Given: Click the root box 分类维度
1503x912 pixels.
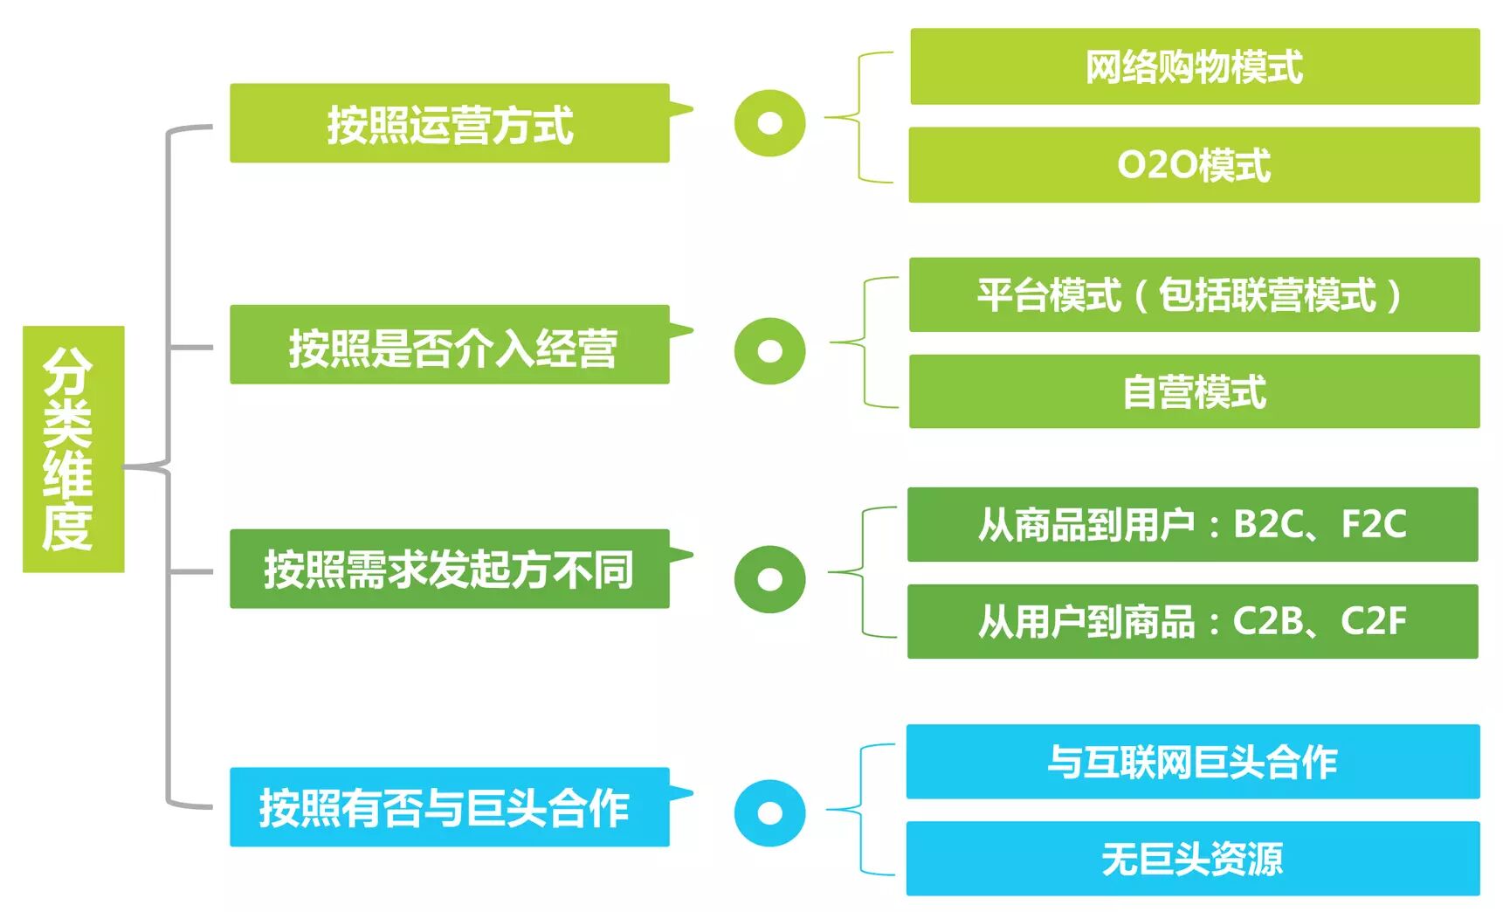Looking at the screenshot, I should click(73, 449).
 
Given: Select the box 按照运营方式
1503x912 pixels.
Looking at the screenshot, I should click(450, 123).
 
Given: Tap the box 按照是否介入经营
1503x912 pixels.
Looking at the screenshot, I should click(450, 345).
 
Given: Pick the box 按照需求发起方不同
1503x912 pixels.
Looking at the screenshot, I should click(450, 569).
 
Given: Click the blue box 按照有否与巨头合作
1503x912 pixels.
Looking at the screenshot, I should click(450, 806).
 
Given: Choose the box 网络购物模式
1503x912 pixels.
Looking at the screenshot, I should click(1194, 66).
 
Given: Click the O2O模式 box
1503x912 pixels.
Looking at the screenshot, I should click(1194, 165).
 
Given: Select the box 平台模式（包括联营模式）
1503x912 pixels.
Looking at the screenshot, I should click(1194, 294).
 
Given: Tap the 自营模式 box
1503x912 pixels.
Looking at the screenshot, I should click(1194, 391).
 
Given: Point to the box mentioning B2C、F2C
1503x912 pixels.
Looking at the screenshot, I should click(1192, 524).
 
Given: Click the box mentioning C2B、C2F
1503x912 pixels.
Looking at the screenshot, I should click(1192, 621).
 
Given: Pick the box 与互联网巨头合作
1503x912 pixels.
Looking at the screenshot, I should click(1192, 761).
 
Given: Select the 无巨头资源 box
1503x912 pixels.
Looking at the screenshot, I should click(1192, 858).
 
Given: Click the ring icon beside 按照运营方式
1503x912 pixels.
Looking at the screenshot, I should click(769, 123).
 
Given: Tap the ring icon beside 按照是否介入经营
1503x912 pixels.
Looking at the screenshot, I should click(769, 350).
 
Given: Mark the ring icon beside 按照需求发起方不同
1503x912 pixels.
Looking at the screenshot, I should click(769, 578).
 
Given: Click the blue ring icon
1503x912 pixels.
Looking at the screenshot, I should click(769, 812).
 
